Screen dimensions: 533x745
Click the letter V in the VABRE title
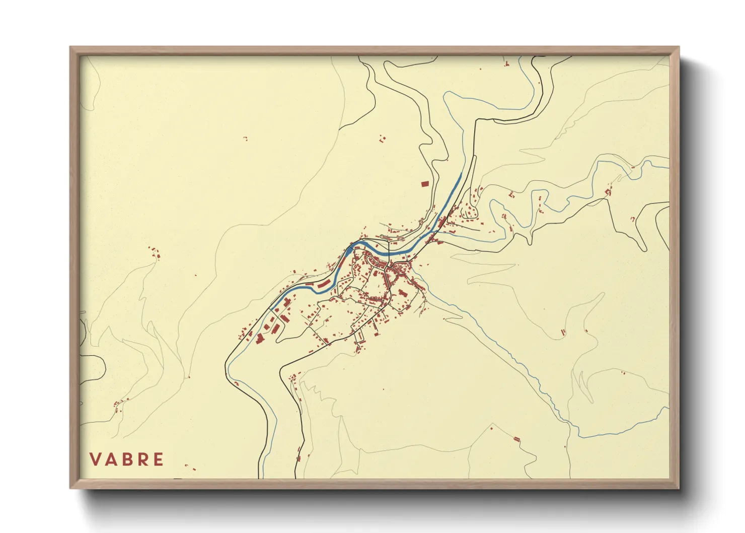pyautogui.click(x=95, y=459)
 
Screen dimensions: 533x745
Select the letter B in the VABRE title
pyautogui.click(x=127, y=459)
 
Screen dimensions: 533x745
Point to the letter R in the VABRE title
pyautogui.click(x=143, y=459)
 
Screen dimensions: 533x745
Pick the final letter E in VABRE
pyautogui.click(x=159, y=459)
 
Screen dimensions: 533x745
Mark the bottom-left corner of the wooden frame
pyautogui.click(x=71, y=487)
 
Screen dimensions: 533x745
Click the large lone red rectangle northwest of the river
pyautogui.click(x=424, y=184)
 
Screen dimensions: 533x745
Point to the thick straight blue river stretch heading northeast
pyautogui.click(x=451, y=194)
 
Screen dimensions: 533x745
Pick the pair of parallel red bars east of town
pyautogui.click(x=563, y=331)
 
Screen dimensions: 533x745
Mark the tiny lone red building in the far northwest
pyautogui.click(x=246, y=138)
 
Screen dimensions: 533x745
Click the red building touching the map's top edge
pyautogui.click(x=506, y=64)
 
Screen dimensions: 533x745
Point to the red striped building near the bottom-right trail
pyautogui.click(x=516, y=439)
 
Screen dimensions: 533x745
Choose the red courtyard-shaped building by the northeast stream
pyautogui.click(x=608, y=192)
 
